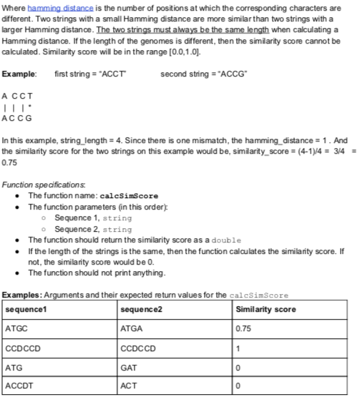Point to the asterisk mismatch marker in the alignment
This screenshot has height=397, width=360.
coord(29,107)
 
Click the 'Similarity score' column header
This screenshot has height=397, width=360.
coord(265,310)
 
